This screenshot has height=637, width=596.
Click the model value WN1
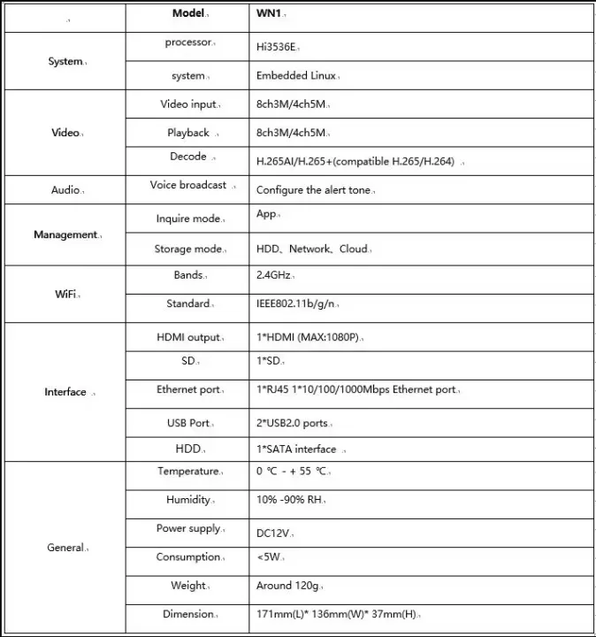269,14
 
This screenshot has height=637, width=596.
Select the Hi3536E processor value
276,47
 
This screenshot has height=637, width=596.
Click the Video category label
65,133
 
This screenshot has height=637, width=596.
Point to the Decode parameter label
188,157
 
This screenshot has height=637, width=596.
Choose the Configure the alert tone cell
314,190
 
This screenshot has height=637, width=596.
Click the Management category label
65,234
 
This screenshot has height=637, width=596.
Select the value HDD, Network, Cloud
312,249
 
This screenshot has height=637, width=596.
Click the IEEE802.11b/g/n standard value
295,303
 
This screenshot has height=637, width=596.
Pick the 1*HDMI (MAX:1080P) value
309,337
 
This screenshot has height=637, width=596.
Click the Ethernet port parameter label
188,389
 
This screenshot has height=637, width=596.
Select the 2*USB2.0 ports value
292,423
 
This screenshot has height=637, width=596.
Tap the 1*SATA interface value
296,449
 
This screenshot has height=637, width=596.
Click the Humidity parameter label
188,500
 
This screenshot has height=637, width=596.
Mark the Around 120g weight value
287,586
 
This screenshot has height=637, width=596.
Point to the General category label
65,548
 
